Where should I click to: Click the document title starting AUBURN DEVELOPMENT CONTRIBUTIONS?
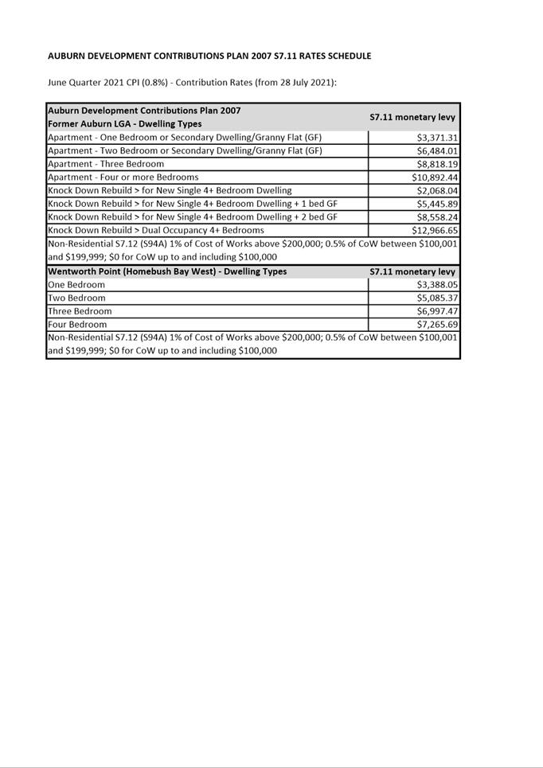click(x=209, y=57)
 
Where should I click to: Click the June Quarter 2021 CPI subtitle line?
click(x=192, y=83)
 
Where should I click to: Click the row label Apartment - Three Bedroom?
click(x=106, y=164)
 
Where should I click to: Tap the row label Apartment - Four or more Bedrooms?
click(x=123, y=177)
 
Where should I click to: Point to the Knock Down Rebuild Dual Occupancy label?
click(x=156, y=231)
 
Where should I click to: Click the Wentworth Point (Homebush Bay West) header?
click(x=168, y=271)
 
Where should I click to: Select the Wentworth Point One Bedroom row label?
click(x=76, y=285)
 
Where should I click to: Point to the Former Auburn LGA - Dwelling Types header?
click(x=125, y=124)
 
